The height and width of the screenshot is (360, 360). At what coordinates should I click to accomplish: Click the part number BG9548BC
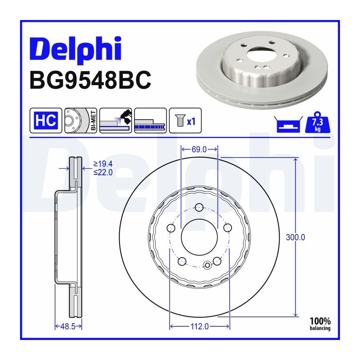pos(90,80)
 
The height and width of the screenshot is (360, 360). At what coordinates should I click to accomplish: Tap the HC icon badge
pos(46,120)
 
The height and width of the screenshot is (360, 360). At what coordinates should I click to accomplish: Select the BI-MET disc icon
pos(81,120)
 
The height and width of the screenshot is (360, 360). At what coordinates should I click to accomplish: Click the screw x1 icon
pos(185,120)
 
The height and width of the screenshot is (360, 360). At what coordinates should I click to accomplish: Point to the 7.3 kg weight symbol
pos(318,123)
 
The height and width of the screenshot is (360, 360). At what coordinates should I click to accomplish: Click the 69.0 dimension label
pos(199,150)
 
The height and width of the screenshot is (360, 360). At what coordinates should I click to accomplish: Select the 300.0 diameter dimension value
pos(296,237)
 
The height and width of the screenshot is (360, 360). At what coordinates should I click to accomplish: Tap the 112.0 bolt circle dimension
pos(200,326)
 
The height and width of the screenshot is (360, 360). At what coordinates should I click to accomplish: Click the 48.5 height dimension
pos(68,326)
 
